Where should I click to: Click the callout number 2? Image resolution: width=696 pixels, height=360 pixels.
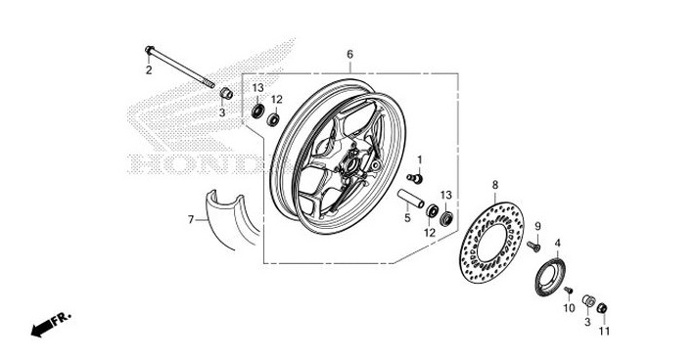click(149, 70)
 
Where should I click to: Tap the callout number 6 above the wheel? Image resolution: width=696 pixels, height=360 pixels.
click(349, 54)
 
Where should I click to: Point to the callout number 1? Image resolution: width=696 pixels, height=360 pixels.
click(420, 159)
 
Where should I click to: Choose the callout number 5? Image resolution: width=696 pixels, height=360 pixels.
click(407, 218)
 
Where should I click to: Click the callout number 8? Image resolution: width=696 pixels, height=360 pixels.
click(495, 184)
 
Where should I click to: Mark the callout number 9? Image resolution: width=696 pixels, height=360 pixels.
click(537, 227)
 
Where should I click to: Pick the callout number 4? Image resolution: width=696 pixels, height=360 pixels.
click(558, 243)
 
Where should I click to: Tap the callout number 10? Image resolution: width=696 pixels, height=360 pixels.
click(568, 308)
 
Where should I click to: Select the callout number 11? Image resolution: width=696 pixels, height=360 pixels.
click(604, 332)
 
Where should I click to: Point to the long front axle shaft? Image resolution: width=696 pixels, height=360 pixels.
click(182, 67)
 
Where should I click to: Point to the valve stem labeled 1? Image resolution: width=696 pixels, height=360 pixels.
click(415, 177)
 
